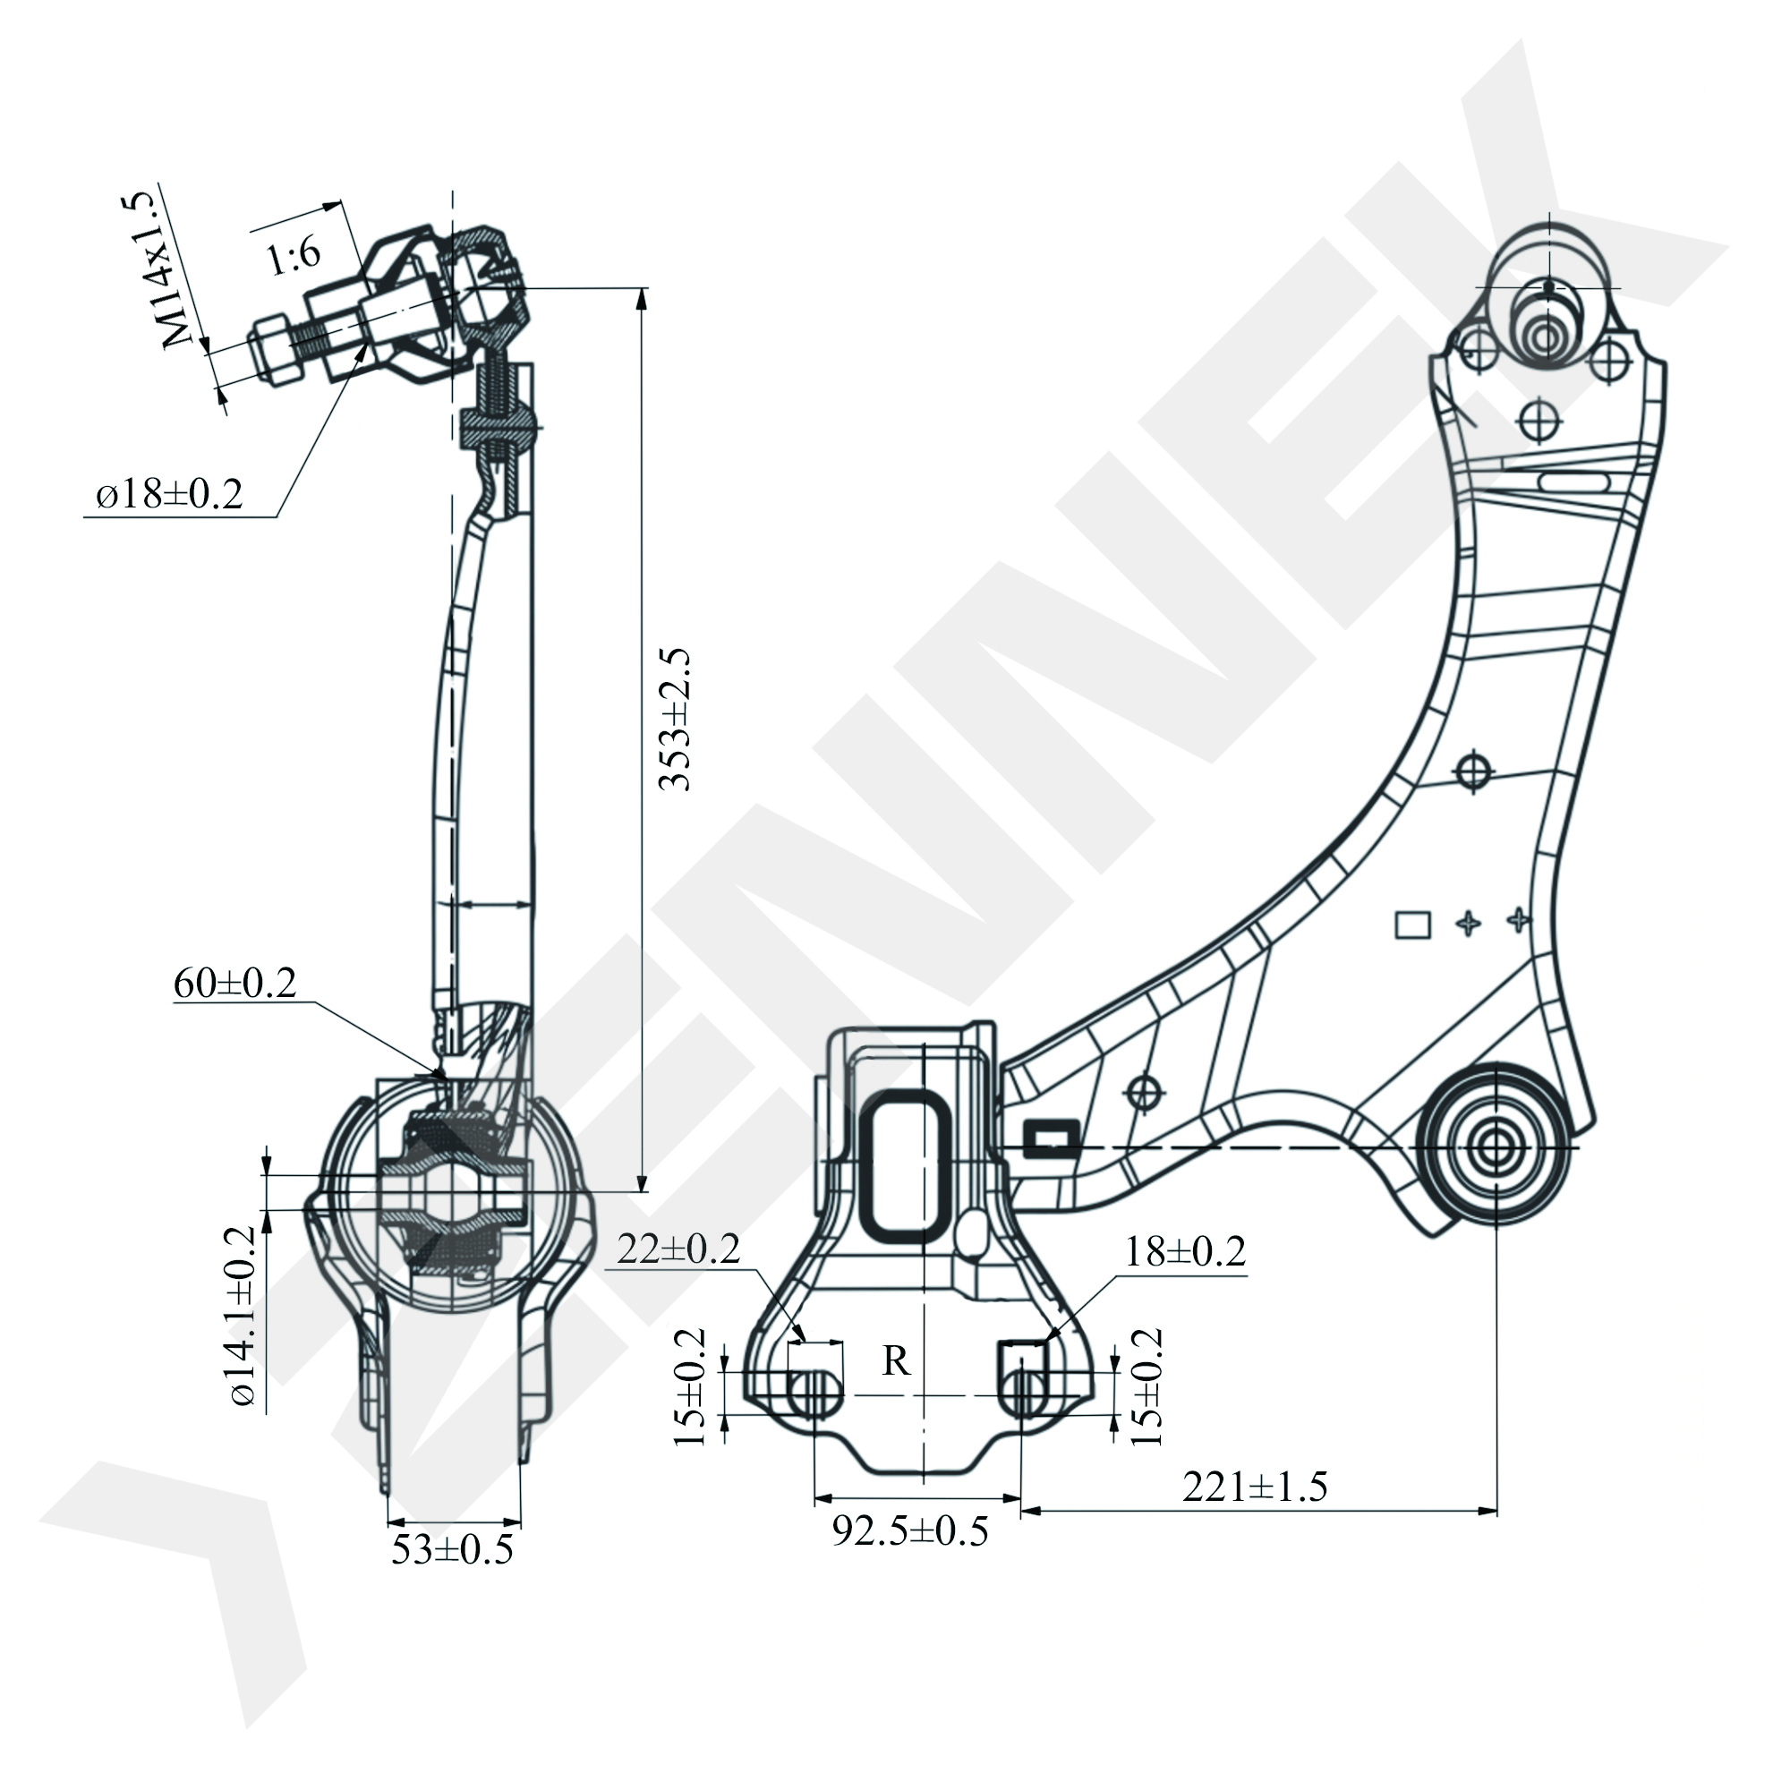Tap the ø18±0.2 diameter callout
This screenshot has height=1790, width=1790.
[x=170, y=494]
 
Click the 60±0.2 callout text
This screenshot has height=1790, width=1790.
[x=234, y=983]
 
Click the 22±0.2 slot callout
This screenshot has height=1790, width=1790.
[x=679, y=1249]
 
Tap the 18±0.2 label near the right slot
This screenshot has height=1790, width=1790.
[x=1186, y=1253]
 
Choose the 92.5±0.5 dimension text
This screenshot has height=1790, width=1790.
[x=910, y=1530]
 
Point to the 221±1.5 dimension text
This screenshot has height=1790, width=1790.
[x=1255, y=1487]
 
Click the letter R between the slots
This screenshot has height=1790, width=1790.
[x=896, y=1361]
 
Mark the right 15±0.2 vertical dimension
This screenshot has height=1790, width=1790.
[x=1146, y=1387]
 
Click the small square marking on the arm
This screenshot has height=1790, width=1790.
[x=1413, y=925]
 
